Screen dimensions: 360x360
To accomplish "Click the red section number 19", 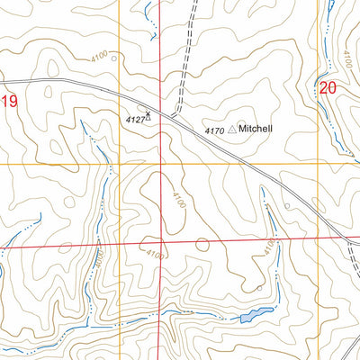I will point(9,102).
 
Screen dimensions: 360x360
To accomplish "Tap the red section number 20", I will point(328,88).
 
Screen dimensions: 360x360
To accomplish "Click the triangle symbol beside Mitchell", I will point(232,130).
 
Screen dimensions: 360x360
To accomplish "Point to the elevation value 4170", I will point(214,131).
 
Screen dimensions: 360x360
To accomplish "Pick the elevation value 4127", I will point(133,118).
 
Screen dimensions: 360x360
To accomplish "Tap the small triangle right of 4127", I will point(148,118).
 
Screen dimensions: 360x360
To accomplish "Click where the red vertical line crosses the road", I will point(160,108).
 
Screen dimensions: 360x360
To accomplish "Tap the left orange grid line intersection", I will point(118,165).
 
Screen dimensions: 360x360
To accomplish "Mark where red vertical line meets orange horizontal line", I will point(160,165).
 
